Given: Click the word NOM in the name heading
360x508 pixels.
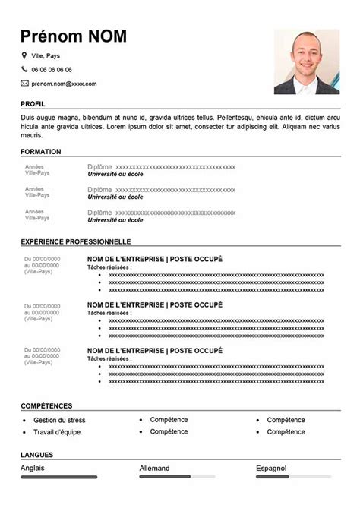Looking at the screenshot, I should (103, 36).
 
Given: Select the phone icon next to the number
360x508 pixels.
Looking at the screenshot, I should (24, 69).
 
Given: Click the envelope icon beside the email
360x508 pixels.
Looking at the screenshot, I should (24, 83).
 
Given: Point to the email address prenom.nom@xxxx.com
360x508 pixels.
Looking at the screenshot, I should (65, 83).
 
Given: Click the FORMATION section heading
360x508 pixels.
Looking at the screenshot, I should (41, 152).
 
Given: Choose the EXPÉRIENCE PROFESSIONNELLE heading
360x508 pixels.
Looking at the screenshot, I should (76, 241).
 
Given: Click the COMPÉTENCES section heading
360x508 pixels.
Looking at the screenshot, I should (47, 406).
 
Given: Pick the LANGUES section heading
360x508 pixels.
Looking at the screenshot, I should (36, 455).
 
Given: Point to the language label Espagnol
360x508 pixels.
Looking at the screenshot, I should (272, 468).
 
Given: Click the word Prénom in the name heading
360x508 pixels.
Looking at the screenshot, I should (49, 36).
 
